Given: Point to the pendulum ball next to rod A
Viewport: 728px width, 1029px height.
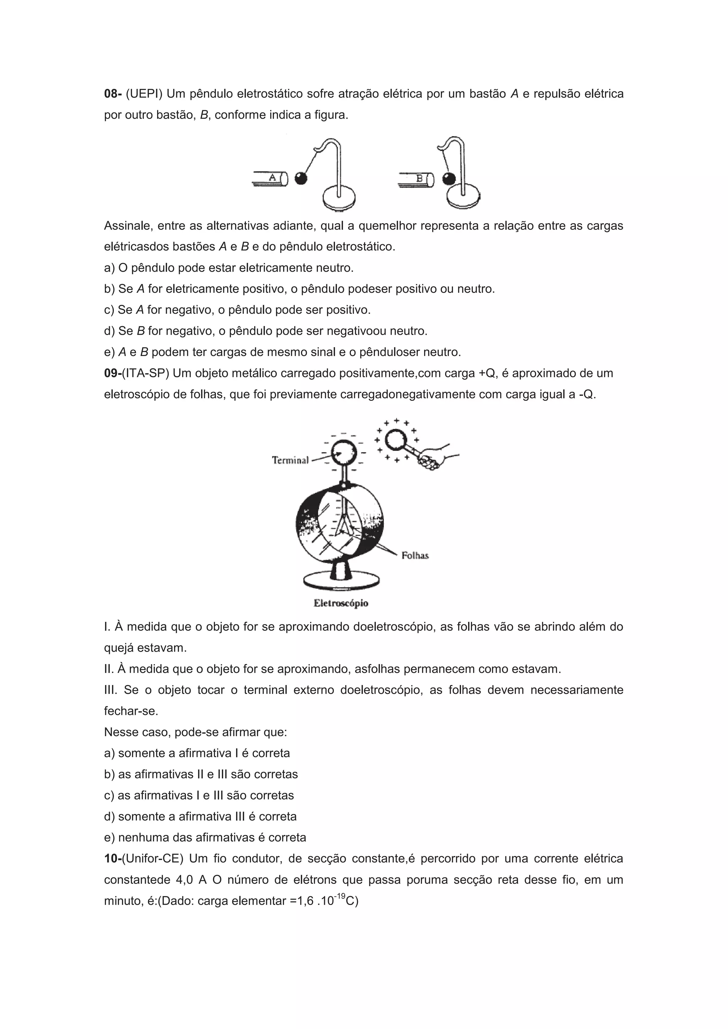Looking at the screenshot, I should point(301,178).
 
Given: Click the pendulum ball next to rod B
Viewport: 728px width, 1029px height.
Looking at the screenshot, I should point(448,179).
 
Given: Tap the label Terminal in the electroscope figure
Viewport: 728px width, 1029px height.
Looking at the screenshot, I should point(290,460).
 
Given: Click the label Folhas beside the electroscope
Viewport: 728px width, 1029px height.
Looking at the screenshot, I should point(415,556).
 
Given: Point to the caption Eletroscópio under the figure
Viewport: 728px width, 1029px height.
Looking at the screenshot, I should point(341,603).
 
